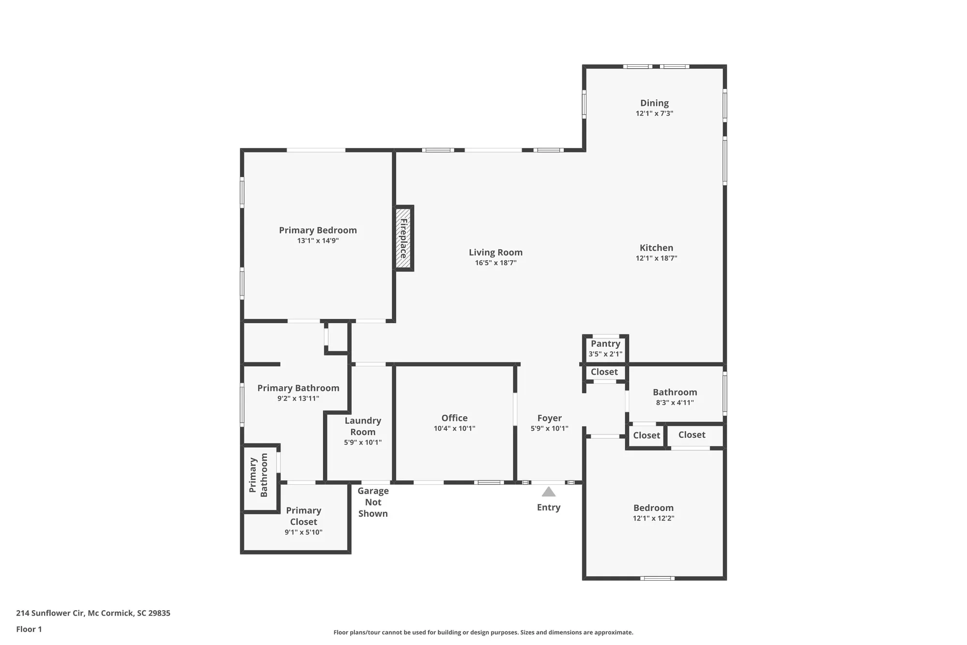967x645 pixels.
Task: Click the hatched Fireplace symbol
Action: [403, 238]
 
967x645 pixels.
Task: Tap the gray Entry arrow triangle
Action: [548, 492]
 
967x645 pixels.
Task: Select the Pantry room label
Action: [605, 344]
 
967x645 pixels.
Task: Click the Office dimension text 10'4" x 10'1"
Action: [454, 428]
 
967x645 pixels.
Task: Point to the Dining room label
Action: [654, 103]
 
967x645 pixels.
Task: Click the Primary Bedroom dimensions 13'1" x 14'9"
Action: [318, 240]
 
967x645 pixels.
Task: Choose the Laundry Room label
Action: [363, 426]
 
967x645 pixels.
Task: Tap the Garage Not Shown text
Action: [373, 502]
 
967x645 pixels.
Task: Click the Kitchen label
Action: [656, 248]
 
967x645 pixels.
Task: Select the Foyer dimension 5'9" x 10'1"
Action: [549, 428]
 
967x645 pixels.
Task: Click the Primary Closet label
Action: [303, 516]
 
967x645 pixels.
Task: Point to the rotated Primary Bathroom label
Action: [259, 475]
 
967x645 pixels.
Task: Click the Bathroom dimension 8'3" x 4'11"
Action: [674, 403]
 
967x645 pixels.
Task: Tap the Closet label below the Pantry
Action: [604, 372]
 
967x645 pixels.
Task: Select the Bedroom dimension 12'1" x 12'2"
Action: [653, 518]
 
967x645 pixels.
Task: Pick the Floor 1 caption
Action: [29, 629]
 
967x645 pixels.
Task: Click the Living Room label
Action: [496, 252]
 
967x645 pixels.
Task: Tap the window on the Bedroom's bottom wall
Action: [657, 578]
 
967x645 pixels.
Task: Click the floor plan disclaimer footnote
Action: [483, 632]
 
